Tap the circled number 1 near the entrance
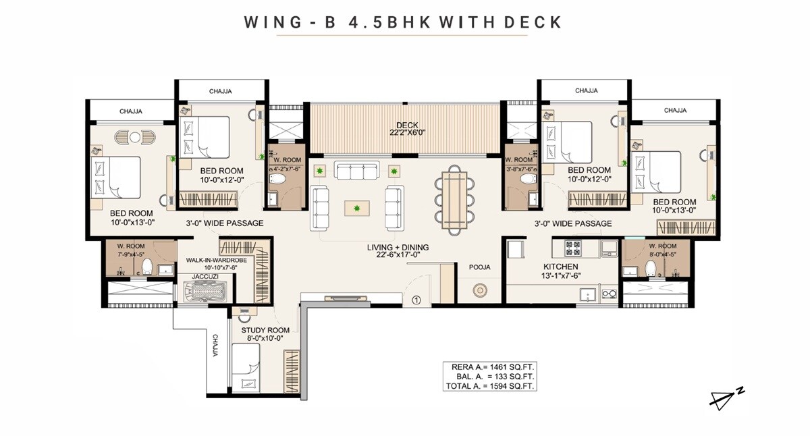coord(416,300)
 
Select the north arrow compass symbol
coord(726,399)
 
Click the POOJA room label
coord(479,267)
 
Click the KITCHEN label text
coord(561,267)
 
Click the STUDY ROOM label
coord(265,330)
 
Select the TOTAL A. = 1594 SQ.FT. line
coord(491,387)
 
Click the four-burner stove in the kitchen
coord(572,247)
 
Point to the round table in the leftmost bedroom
coord(135,137)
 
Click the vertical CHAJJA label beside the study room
coord(215,344)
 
